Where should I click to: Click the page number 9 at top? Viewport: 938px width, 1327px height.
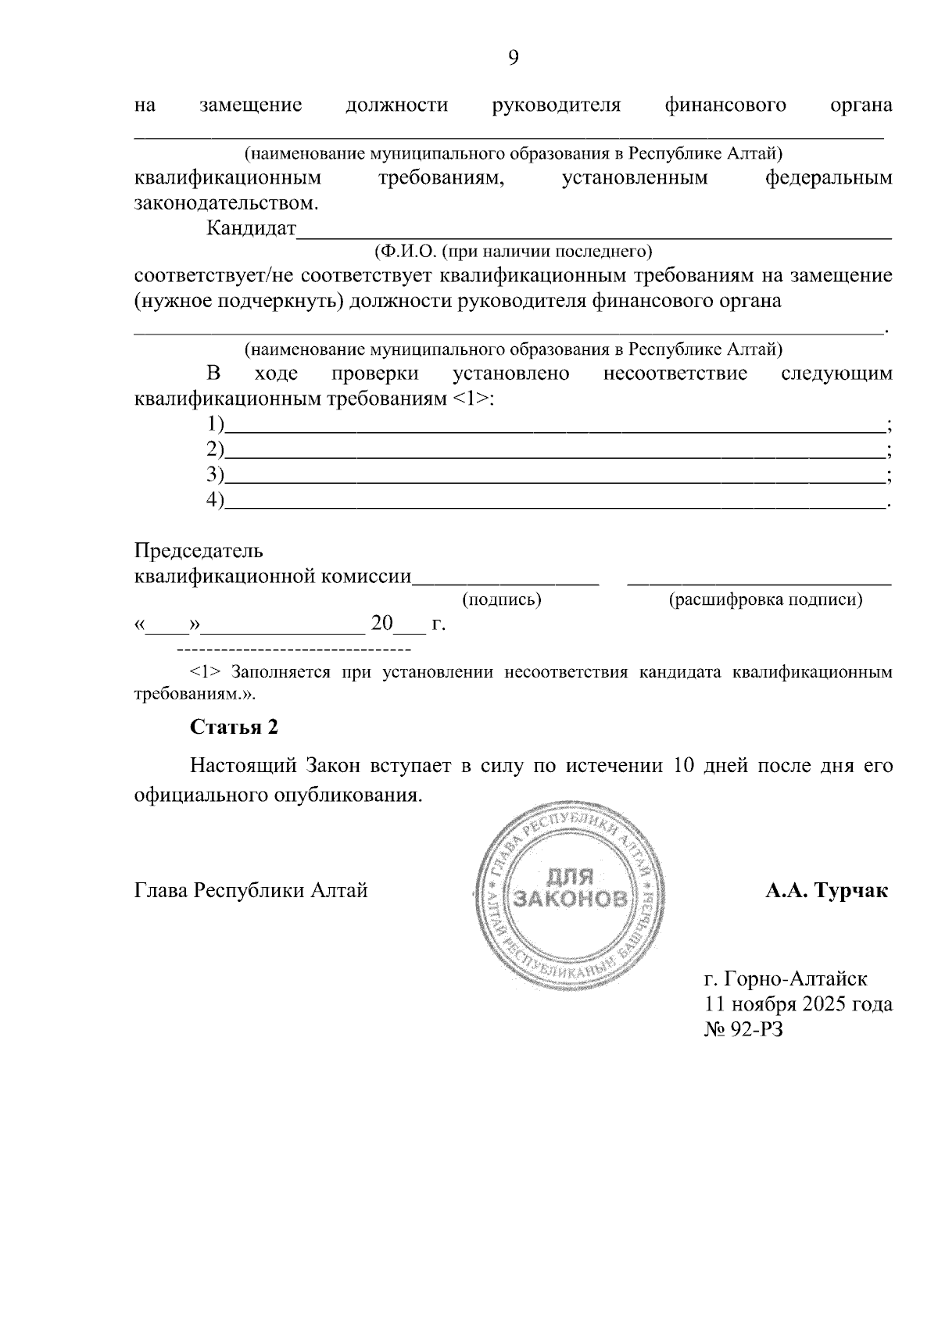point(514,58)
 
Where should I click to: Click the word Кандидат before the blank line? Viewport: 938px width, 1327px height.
point(251,229)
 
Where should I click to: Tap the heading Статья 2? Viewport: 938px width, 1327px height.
point(234,727)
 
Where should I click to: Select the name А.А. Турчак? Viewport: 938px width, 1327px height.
point(827,890)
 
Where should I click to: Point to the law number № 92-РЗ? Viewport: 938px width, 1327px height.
point(743,1029)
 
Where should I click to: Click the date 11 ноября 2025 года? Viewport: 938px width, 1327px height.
point(798,1003)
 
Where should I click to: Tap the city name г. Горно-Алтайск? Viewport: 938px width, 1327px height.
point(786,978)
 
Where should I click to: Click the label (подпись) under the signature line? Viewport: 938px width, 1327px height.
point(502,599)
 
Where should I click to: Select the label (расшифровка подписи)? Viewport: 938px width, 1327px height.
point(766,599)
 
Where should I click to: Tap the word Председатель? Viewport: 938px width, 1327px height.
point(199,551)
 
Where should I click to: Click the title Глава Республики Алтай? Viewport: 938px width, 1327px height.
point(251,890)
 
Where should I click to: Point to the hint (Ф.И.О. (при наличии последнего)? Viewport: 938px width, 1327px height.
point(513,252)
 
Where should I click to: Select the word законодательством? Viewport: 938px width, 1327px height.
point(227,204)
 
